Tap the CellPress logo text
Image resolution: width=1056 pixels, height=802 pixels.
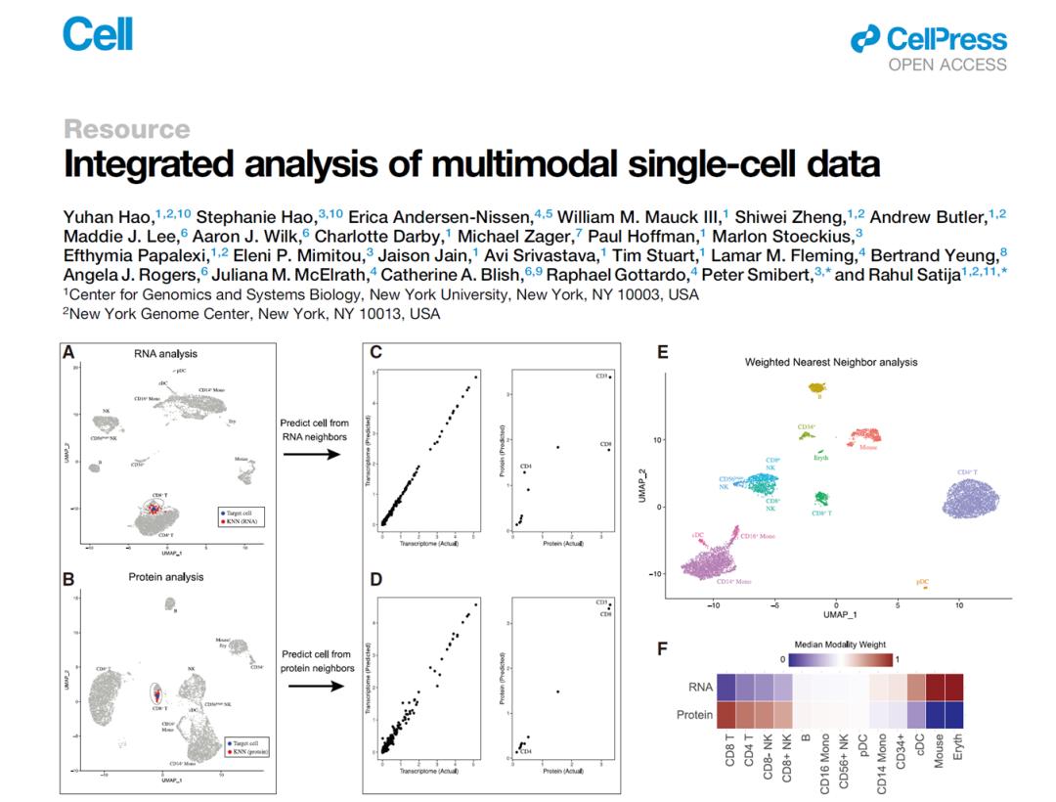945,39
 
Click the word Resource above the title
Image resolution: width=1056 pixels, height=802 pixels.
126,129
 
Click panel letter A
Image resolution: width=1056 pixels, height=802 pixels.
69,352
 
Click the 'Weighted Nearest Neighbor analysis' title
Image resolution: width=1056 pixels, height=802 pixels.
831,362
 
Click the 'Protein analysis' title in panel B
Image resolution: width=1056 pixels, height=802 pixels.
166,577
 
